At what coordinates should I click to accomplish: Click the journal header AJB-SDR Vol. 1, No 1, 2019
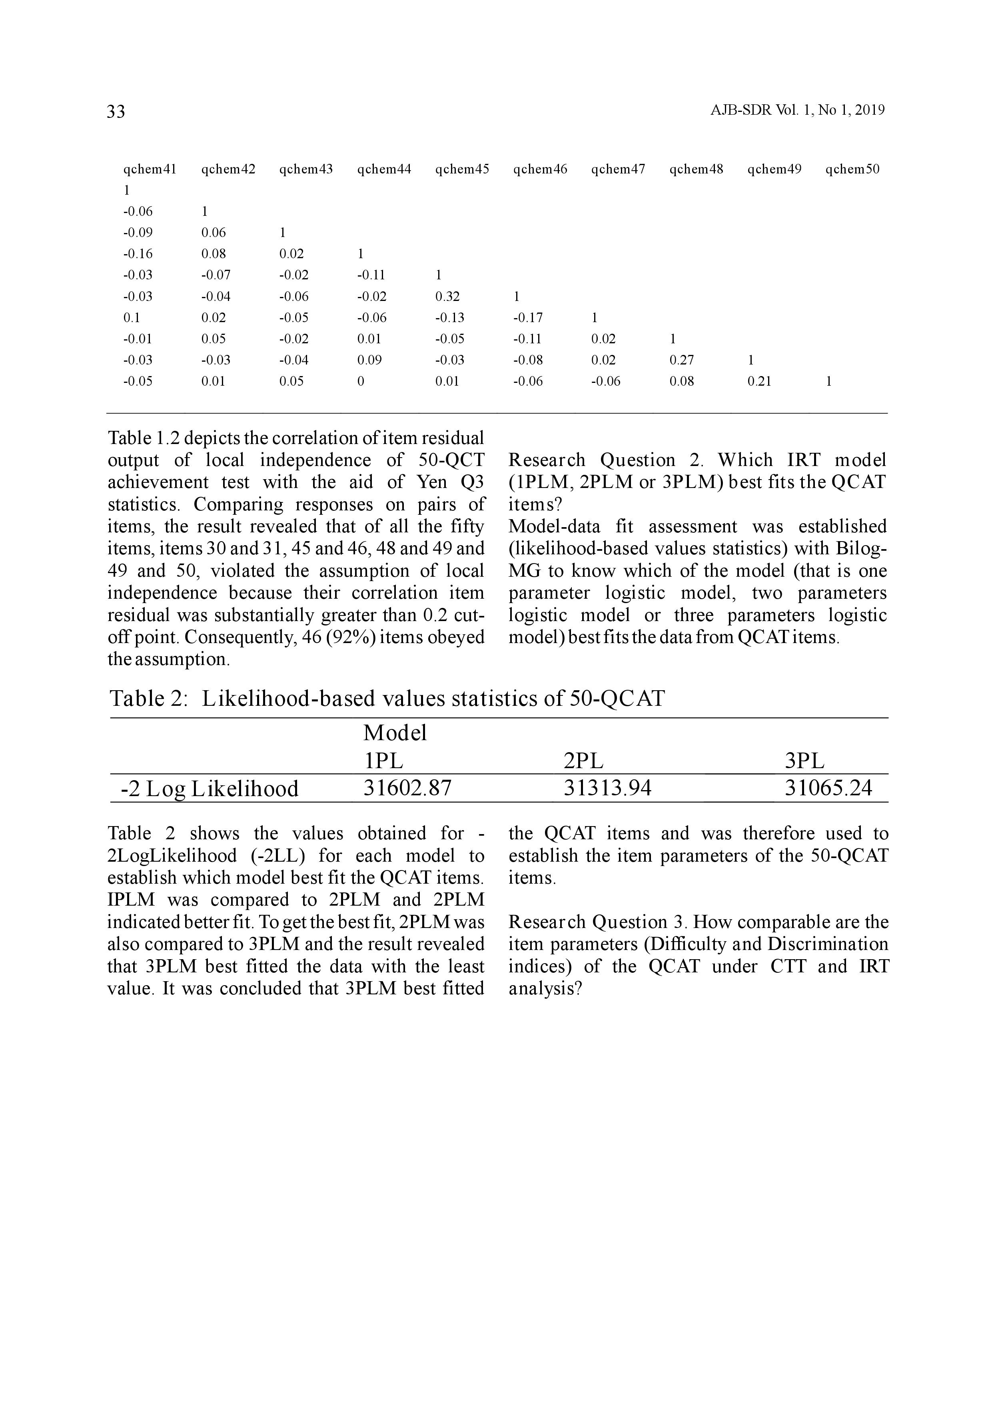[x=797, y=111]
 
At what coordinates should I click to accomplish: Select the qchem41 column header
[x=150, y=169]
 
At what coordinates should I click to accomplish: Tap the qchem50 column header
[x=852, y=169]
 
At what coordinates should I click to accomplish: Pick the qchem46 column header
[x=540, y=169]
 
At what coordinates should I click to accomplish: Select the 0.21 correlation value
[x=759, y=382]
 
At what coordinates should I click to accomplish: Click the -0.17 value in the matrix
[x=528, y=317]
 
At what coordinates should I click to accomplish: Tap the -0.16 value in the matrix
[x=138, y=254]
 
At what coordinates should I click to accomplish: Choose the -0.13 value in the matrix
[x=449, y=317]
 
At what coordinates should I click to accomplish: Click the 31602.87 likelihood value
[x=407, y=788]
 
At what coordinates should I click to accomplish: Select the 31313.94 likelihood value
[x=607, y=788]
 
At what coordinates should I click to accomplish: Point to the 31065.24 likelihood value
[x=828, y=788]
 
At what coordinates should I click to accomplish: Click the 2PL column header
[x=583, y=761]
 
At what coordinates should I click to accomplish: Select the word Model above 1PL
[x=395, y=733]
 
